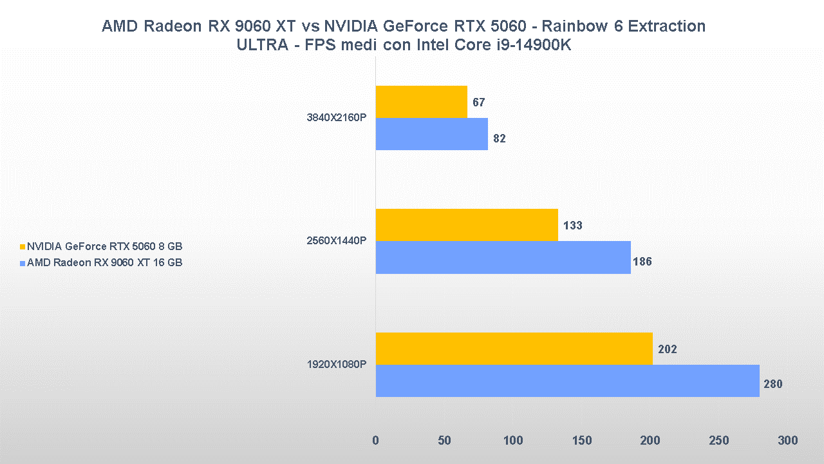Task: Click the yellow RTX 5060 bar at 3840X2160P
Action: coord(421,102)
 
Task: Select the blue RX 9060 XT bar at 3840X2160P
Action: coord(431,134)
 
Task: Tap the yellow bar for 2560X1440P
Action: coord(466,225)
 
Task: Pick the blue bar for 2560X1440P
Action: coord(503,257)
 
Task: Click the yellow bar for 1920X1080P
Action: coord(514,349)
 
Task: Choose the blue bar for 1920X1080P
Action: coord(567,381)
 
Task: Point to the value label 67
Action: coord(478,102)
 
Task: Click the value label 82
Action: coord(499,139)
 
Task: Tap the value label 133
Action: coord(572,226)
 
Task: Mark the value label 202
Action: coord(667,349)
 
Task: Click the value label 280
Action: coord(772,385)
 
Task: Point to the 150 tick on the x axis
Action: coord(581,441)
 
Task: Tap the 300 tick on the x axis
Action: coord(787,441)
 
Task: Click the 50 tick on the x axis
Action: coord(444,441)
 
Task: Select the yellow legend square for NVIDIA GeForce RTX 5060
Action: coord(23,247)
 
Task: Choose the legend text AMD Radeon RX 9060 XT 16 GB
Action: coord(104,262)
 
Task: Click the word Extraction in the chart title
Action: coord(667,26)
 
